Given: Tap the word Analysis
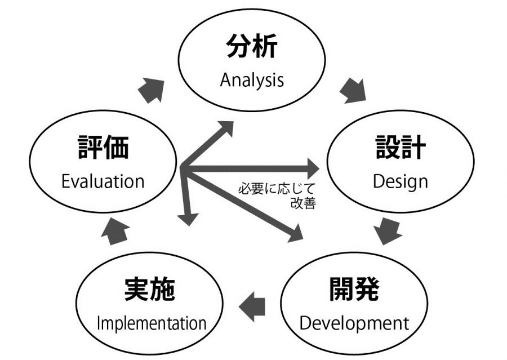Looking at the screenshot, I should coord(252,80).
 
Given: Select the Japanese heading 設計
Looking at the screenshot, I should coord(401,148).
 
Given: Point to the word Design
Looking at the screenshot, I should coord(401,181).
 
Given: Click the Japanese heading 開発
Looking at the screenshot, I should coord(354,289).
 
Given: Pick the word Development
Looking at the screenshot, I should coord(354,323).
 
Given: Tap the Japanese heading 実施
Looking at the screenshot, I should coord(149,290).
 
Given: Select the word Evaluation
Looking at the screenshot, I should coord(103,181).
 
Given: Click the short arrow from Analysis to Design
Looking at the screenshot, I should coord(353,91).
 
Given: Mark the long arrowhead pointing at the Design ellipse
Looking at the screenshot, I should coord(311,167).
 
